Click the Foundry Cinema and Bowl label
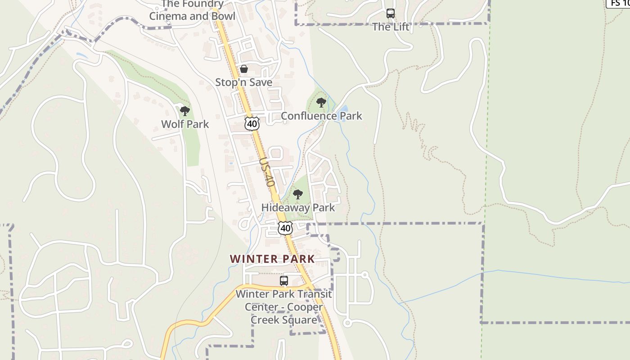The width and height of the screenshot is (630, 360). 192,11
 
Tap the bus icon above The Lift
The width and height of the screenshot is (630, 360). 391,13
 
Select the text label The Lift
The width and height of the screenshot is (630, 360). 391,27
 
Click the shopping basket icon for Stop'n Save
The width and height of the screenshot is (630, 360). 243,69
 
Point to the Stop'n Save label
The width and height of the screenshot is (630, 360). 243,82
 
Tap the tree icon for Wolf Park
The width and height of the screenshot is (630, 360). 184,111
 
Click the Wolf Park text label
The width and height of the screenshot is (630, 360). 185,124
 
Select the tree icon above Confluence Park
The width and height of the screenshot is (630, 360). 321,103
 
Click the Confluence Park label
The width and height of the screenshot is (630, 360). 321,116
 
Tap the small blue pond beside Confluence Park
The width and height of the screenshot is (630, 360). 344,109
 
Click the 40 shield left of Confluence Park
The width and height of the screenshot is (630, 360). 252,124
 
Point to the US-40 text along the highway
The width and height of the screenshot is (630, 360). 267,172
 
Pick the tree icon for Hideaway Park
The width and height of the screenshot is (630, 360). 297,194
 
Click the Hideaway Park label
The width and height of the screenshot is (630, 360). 298,208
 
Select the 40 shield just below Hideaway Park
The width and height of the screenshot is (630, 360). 285,228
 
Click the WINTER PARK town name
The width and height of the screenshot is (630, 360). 272,259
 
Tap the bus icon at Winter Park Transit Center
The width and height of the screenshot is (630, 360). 284,281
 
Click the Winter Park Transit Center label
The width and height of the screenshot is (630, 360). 284,307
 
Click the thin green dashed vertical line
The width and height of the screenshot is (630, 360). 485,180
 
